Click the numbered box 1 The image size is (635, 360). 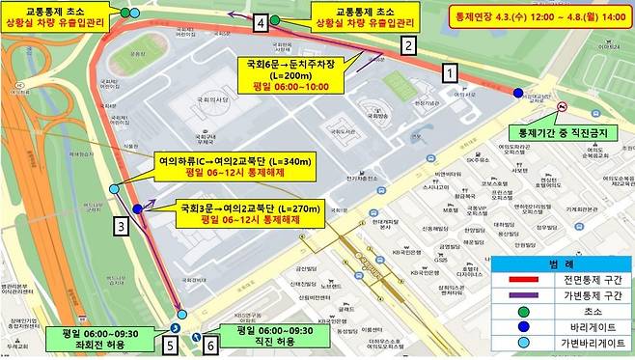point(448,71)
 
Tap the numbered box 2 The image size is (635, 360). point(408,44)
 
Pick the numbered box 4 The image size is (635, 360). point(261,20)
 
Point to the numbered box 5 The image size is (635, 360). point(171,342)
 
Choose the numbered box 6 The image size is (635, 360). point(210,342)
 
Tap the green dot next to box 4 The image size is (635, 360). point(276,20)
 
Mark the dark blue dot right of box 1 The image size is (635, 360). point(518,93)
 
